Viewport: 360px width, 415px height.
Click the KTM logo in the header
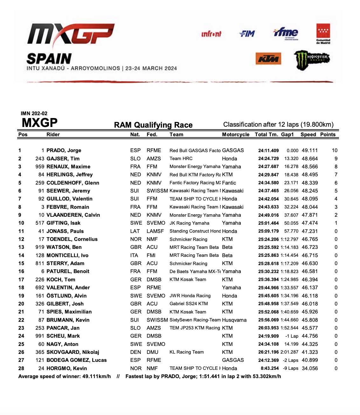[268, 59]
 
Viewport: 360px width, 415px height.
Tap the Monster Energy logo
[312, 60]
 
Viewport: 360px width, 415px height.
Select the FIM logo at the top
[247, 33]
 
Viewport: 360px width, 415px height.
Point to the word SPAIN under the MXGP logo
[49, 59]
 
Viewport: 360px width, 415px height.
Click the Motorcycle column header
[235, 134]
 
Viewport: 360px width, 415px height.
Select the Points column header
[328, 134]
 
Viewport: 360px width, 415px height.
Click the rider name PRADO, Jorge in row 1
[64, 151]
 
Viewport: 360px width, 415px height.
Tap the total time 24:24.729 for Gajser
[268, 158]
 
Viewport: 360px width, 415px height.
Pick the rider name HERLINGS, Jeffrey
[69, 175]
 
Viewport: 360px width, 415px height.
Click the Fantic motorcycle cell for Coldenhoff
[229, 183]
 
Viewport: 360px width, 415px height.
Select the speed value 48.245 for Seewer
[310, 191]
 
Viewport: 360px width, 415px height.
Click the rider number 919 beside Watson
[40, 247]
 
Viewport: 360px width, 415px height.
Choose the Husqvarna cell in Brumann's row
[234, 320]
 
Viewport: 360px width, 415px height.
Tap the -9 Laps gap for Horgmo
[291, 368]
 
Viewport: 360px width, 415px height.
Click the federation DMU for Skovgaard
[152, 352]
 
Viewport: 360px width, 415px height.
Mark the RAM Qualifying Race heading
[153, 125]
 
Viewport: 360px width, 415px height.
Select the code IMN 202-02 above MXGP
[34, 113]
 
